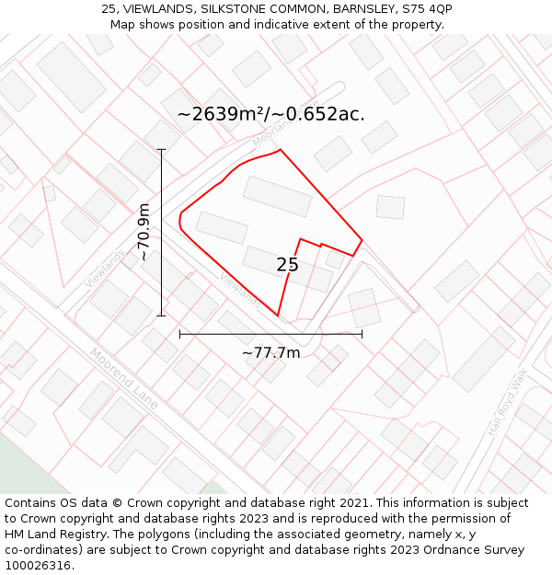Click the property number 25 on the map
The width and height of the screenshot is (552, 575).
[x=287, y=265]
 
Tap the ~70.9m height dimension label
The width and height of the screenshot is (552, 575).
[x=144, y=232]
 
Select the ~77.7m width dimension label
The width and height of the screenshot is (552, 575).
[x=270, y=352]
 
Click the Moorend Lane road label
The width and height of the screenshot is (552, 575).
[x=124, y=377]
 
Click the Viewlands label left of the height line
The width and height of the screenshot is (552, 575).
[x=105, y=268]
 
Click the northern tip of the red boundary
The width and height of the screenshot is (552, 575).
[x=280, y=149]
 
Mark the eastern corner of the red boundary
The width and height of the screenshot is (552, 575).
[x=362, y=240]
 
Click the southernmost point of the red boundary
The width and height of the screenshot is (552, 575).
[x=278, y=316]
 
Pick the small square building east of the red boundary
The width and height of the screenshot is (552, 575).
[x=390, y=207]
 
